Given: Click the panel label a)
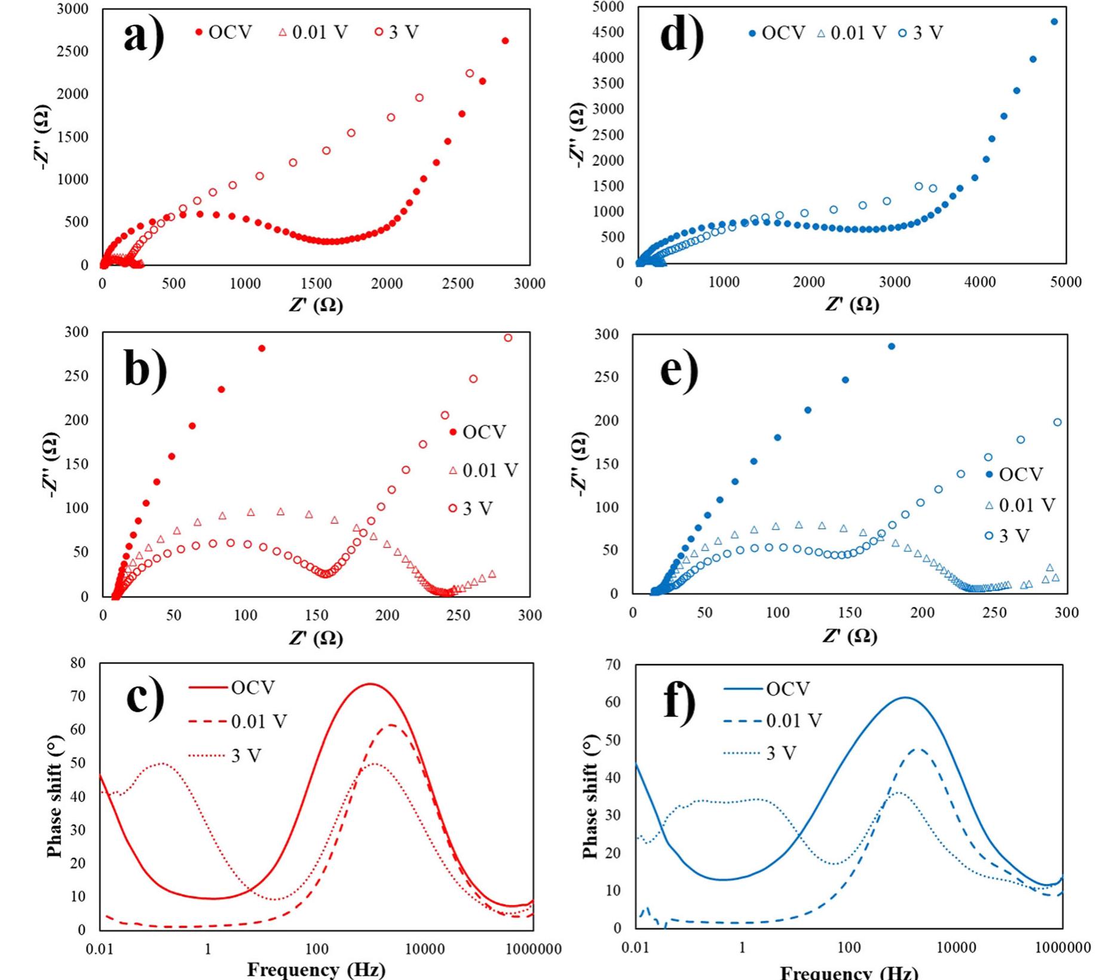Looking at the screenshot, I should tap(143, 37).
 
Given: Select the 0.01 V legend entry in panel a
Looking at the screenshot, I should tap(313, 32).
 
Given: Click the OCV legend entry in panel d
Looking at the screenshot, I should tap(777, 33).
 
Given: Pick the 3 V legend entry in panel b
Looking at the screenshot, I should tap(471, 509).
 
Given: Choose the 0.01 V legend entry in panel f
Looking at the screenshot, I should tap(773, 721).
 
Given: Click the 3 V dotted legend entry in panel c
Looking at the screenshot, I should tap(225, 756).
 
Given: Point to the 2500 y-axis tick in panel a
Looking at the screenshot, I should tap(72, 51).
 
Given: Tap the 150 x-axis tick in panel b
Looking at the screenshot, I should tap(316, 615).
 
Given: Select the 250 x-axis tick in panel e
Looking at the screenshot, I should tap(994, 613).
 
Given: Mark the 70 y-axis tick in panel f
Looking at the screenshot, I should tap(612, 664).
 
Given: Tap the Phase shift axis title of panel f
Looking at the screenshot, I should tap(590, 797).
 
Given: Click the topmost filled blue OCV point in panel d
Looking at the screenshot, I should tap(1054, 22).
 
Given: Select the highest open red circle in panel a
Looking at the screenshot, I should tap(470, 73).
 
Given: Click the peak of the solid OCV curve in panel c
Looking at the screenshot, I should tap(371, 684).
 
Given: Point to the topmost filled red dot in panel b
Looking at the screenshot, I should tap(261, 348).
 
